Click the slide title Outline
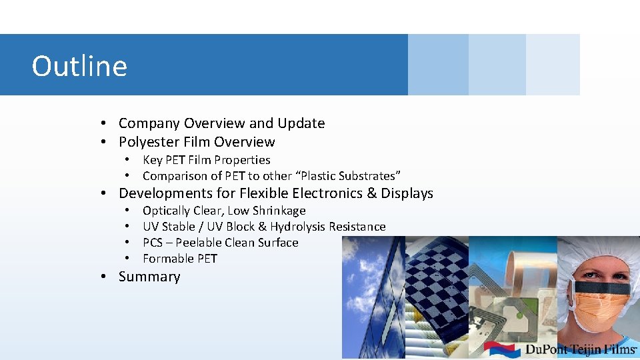(79, 66)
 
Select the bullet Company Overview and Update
(221, 123)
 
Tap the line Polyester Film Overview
(196, 142)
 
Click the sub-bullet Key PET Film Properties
(206, 160)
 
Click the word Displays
(407, 193)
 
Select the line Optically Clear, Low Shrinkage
(224, 211)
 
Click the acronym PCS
(153, 243)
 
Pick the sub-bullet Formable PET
(180, 259)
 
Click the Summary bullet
(149, 277)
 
